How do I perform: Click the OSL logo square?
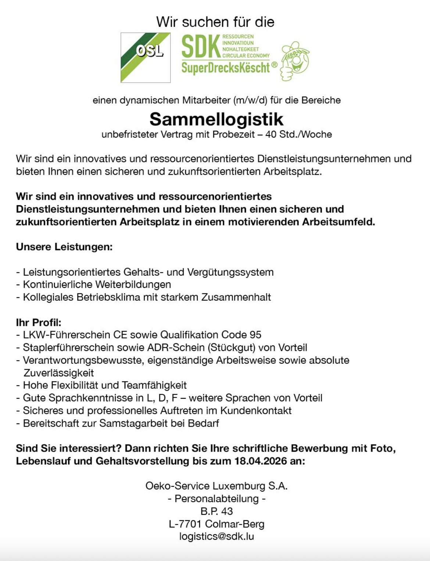(x=146, y=58)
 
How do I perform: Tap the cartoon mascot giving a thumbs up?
(x=295, y=61)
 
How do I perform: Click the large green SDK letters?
(x=201, y=47)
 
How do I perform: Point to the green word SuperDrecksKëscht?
(x=226, y=68)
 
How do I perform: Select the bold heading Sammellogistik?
(x=216, y=119)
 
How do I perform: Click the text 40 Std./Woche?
(x=298, y=134)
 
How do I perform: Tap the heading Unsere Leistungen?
(x=64, y=247)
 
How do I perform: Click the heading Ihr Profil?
(x=39, y=322)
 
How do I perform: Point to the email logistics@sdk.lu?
(x=216, y=536)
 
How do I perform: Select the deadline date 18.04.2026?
(x=261, y=461)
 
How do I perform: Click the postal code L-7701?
(x=185, y=524)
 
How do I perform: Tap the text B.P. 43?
(x=216, y=511)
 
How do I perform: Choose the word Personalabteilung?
(x=216, y=499)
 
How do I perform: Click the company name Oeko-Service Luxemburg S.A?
(x=216, y=486)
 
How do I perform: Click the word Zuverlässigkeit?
(x=59, y=373)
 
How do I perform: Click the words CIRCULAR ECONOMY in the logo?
(x=246, y=55)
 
